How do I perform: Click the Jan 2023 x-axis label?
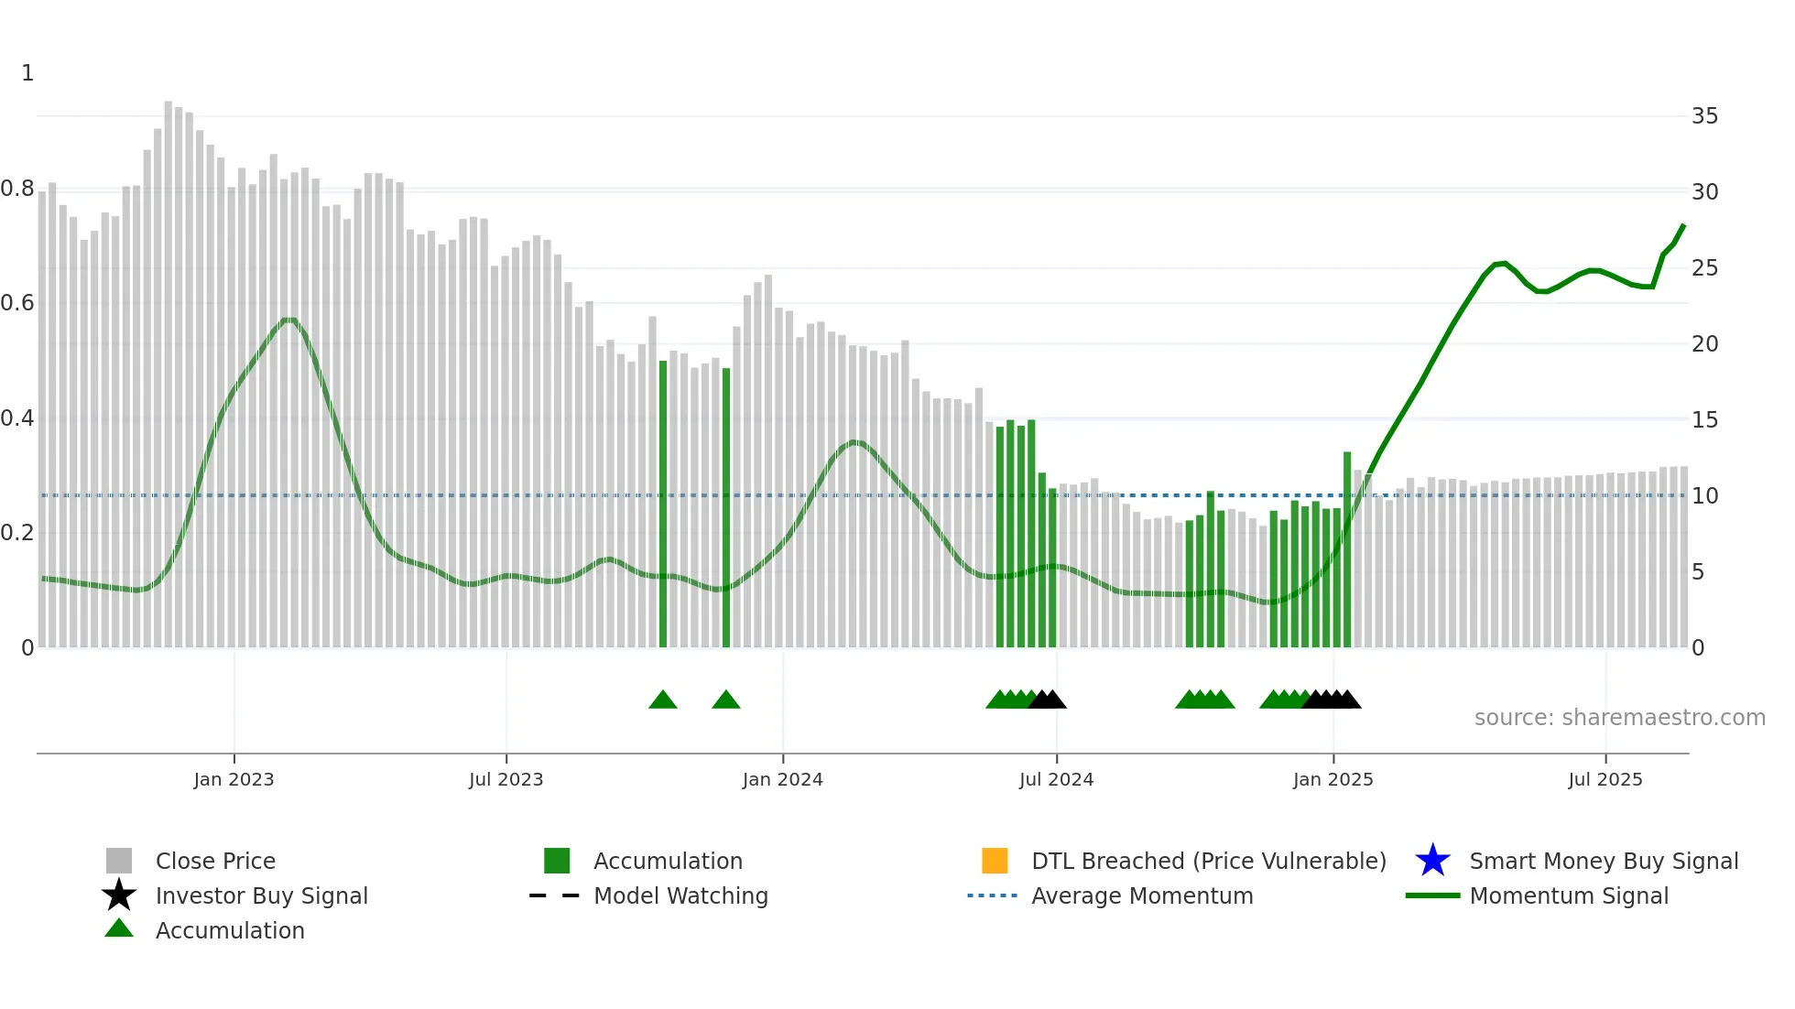click(234, 779)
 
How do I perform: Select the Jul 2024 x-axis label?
click(1056, 779)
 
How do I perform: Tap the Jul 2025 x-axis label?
click(1605, 779)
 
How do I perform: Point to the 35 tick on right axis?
click(1704, 116)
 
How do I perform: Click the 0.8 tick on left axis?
click(18, 189)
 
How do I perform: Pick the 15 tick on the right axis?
click(1704, 420)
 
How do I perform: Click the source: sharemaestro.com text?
click(1619, 718)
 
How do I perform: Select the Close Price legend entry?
click(215, 861)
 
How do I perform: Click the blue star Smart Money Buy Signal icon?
click(1432, 861)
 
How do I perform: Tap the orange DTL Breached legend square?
click(995, 861)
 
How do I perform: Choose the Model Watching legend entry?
click(680, 895)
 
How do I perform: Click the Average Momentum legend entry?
click(1141, 895)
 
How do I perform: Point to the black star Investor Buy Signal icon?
click(119, 895)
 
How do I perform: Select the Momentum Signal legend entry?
click(1568, 895)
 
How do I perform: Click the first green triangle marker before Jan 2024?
click(662, 700)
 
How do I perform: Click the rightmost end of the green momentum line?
click(1683, 225)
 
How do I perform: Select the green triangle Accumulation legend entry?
click(229, 930)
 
